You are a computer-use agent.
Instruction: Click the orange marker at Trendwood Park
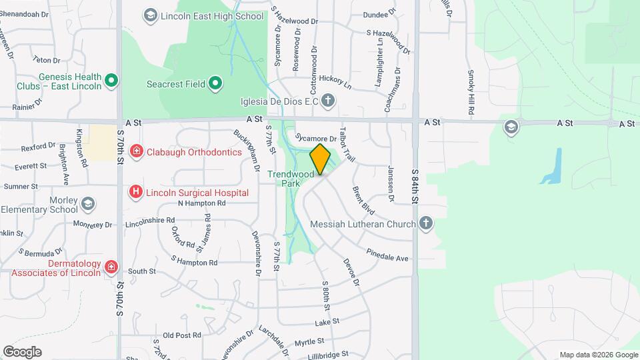coord(321,159)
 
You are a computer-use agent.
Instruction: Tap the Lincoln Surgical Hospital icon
coord(136,193)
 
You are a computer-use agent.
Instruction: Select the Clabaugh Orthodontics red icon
coord(136,152)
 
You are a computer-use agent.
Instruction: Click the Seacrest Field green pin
coord(215,83)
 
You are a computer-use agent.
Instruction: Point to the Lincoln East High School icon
coord(151,14)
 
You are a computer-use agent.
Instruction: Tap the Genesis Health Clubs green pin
coord(112,81)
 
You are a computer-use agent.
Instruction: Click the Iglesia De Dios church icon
coord(327,101)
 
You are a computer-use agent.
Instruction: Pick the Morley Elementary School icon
coord(88,203)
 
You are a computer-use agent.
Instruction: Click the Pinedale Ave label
coord(387,255)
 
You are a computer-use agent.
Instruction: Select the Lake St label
coord(327,321)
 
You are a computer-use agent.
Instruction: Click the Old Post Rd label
coord(181,335)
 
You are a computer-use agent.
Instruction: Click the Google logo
coord(22,352)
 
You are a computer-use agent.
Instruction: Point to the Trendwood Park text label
coord(291,179)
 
